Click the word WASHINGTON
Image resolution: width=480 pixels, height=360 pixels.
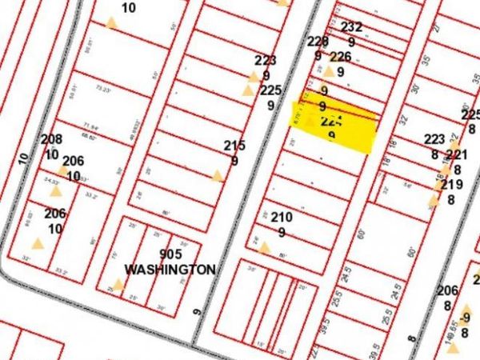click(170, 270)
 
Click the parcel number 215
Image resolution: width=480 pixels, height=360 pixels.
click(234, 145)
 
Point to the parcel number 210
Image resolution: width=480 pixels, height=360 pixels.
click(282, 217)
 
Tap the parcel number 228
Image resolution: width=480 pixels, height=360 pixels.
click(318, 42)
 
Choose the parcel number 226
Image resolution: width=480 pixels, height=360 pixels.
click(340, 56)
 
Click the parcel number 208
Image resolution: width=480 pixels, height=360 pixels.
click(51, 139)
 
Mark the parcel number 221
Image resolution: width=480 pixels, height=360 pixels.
click(456, 154)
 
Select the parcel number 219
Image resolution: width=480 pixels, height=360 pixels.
click(451, 185)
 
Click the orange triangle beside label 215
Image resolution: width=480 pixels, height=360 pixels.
click(216, 175)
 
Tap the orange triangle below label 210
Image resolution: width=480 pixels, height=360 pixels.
click(264, 248)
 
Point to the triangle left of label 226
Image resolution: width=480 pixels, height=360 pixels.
click(328, 71)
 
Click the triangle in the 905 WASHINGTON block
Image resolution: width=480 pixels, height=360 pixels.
click(118, 284)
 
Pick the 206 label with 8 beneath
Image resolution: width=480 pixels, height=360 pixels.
click(447, 290)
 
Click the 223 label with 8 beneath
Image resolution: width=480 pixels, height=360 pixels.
click(434, 139)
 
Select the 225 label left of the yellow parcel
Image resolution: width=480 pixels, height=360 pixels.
click(270, 90)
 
